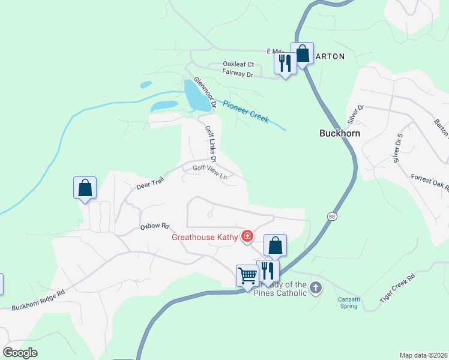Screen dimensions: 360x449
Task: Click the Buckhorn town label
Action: (x=339, y=133)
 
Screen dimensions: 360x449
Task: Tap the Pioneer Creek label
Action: (x=246, y=112)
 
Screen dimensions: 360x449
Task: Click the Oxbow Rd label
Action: (x=155, y=227)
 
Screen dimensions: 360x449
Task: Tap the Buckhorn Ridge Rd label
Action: (x=38, y=301)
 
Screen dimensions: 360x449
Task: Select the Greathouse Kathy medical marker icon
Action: (x=246, y=237)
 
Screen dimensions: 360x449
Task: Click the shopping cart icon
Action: (x=247, y=276)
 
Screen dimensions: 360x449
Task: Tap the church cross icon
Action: (x=316, y=288)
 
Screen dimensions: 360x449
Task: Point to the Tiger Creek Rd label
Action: (x=398, y=289)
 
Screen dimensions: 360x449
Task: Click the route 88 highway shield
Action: (x=331, y=216)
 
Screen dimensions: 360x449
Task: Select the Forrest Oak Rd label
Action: (x=430, y=182)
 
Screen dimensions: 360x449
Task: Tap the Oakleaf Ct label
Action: (x=238, y=64)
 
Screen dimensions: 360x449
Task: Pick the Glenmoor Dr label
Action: (x=204, y=92)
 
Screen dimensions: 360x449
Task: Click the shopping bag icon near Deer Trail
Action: (x=85, y=188)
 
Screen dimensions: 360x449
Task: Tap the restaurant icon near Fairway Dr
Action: (x=285, y=63)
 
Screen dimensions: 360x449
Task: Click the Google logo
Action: (x=20, y=353)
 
